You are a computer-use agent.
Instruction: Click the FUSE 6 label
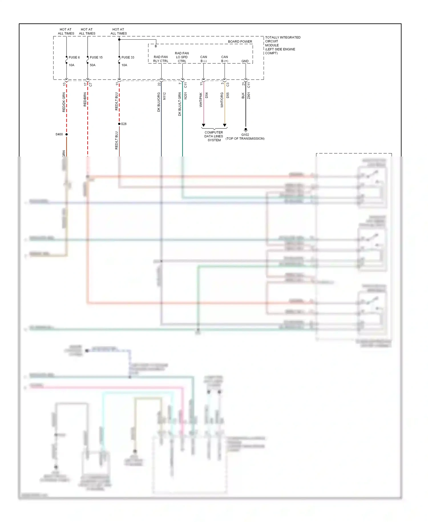[74, 57]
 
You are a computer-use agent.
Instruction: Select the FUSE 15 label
[96, 57]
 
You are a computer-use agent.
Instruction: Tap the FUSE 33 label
[128, 57]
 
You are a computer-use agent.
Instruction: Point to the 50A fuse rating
[92, 65]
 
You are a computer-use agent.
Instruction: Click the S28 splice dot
[119, 124]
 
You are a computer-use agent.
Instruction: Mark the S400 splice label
[59, 134]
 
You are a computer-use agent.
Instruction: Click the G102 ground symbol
[246, 130]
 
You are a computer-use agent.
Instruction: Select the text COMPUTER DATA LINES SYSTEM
[214, 136]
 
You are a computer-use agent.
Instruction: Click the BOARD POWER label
[240, 42]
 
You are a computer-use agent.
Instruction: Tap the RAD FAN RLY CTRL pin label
[161, 59]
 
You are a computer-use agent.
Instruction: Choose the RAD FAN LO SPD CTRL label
[182, 57]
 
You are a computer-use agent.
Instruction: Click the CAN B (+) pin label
[225, 59]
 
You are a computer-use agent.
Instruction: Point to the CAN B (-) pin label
[203, 59]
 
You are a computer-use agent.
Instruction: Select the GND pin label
[245, 61]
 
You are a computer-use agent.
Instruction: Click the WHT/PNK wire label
[201, 100]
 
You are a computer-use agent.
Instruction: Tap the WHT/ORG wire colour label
[222, 100]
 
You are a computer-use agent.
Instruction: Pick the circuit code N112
[164, 96]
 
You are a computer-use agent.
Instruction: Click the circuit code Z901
[249, 96]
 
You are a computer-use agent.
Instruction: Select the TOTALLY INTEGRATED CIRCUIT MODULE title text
[282, 45]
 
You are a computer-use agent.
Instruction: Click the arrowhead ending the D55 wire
[225, 125]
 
